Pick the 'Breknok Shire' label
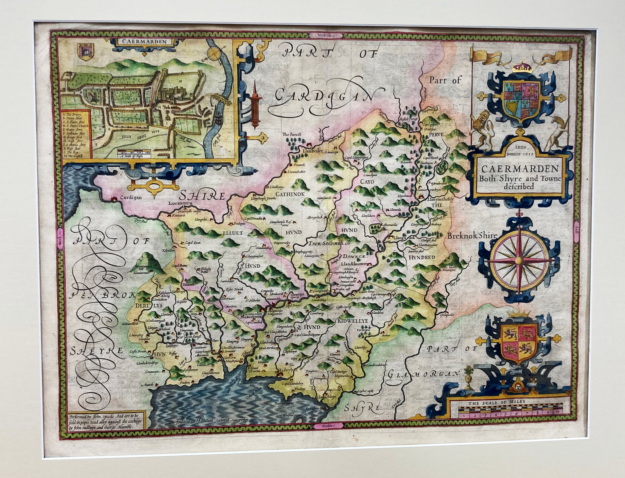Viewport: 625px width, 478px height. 472,235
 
